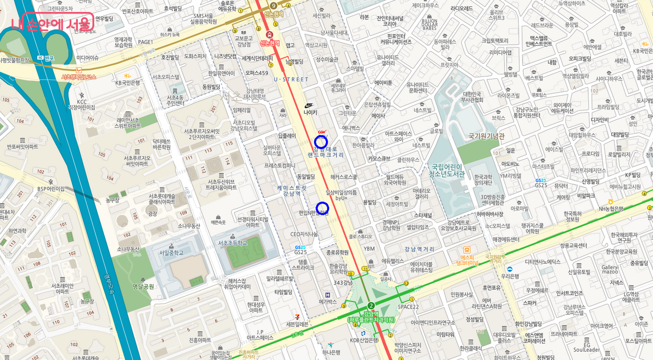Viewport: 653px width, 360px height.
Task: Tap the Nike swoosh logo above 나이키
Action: tap(310, 104)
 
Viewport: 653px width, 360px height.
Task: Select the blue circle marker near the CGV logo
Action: tap(322, 142)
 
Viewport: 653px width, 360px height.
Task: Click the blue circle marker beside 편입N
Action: tap(322, 207)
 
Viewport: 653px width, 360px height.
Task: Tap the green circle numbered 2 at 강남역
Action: tap(371, 306)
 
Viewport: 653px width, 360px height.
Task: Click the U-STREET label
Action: tap(291, 79)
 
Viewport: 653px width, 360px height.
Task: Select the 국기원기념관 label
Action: tap(487, 136)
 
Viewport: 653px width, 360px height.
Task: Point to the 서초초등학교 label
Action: tap(232, 243)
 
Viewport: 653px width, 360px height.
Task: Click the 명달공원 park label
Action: tap(144, 286)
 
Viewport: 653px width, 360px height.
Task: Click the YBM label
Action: tap(369, 249)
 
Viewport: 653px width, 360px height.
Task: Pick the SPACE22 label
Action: tap(408, 307)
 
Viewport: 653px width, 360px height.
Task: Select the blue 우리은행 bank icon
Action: tap(509, 269)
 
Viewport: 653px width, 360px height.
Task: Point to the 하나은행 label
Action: tap(330, 352)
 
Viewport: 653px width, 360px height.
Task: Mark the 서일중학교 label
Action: tap(171, 252)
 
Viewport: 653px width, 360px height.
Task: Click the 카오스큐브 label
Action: tap(379, 159)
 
